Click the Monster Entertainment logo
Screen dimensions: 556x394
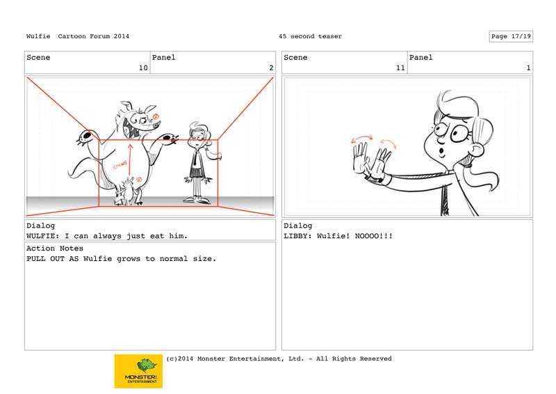(138, 371)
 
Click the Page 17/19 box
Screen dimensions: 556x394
(511, 36)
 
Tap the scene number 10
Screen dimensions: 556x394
(143, 68)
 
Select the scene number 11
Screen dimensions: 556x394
(400, 68)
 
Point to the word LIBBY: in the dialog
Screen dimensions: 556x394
(298, 236)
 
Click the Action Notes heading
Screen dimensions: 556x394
(55, 249)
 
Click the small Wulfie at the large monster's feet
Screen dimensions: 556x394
(126, 192)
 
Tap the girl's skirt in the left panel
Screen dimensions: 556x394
(196, 172)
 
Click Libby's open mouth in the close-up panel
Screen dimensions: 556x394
(442, 152)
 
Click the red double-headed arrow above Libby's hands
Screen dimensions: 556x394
(361, 139)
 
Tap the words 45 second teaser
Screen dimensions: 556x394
(310, 36)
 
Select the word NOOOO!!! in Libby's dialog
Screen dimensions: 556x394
(374, 236)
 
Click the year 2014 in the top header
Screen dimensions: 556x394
(121, 36)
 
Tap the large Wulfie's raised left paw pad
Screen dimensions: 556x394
(85, 136)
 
